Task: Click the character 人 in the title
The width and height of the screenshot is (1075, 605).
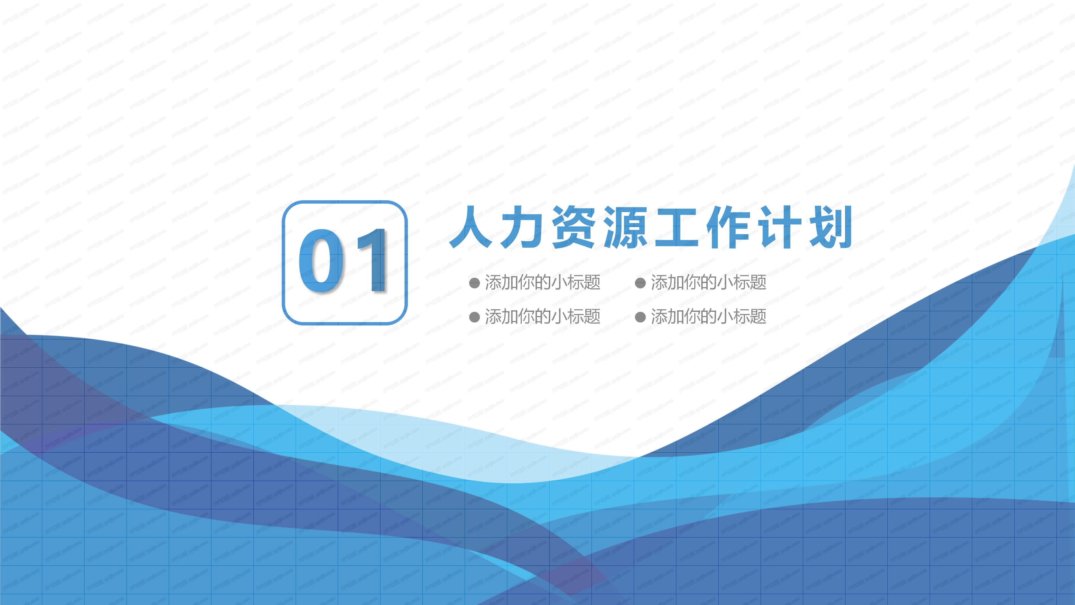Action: (471, 227)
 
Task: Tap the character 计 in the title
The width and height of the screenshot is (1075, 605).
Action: (779, 227)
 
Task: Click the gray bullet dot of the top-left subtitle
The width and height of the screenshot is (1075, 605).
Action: (475, 283)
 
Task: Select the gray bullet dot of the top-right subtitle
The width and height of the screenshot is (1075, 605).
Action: (640, 283)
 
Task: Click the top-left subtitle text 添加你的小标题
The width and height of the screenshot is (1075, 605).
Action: (543, 283)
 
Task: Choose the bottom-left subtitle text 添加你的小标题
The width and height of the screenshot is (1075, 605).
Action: (543, 317)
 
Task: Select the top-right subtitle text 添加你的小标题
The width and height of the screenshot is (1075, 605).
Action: (709, 283)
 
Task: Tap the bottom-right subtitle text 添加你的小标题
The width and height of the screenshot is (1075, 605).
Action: (709, 317)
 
